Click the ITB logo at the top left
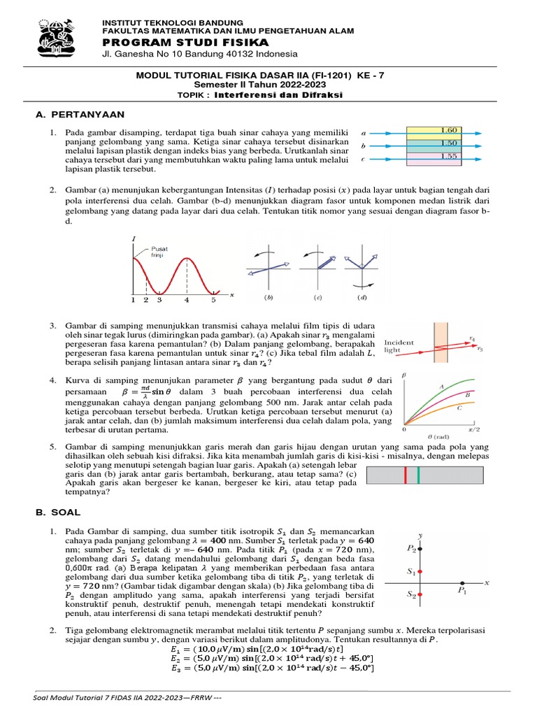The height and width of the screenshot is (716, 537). [58, 40]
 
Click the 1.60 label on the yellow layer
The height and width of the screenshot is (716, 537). [448, 130]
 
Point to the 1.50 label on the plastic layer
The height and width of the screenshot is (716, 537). [448, 143]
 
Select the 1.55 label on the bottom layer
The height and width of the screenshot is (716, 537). [448, 156]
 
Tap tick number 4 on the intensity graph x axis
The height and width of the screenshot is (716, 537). [187, 300]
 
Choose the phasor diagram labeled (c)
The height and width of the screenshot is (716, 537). [318, 266]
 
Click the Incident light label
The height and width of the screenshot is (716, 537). [399, 345]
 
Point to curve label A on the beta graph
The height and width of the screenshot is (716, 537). [441, 386]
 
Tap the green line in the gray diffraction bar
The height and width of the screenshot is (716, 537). [418, 476]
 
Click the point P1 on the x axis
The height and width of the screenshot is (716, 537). [461, 582]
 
